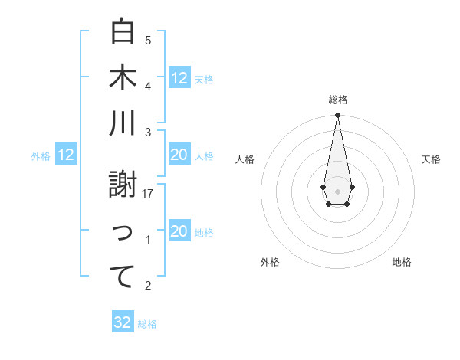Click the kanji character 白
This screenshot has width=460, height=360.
pos(123,31)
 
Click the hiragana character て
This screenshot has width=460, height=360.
pos(123,277)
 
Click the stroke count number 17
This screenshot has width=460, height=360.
pos(149,194)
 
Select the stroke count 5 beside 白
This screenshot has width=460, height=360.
pos(148,40)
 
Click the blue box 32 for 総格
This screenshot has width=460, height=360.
pos(123,322)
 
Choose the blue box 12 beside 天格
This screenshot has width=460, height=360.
pos(179,77)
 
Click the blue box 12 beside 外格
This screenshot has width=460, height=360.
pos(66,155)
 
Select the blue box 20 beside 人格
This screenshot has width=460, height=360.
pos(179,155)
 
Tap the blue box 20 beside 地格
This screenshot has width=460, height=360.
pos(179,232)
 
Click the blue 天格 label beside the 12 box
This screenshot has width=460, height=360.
pos(204,80)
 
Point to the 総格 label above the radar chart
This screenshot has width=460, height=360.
pos(337,100)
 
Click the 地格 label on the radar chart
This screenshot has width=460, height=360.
pos(402,262)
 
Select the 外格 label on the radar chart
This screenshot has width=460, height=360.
pos(270,262)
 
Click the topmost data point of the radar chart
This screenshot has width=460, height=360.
pos(337,116)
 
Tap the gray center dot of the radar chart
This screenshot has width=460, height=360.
pos(337,191)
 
